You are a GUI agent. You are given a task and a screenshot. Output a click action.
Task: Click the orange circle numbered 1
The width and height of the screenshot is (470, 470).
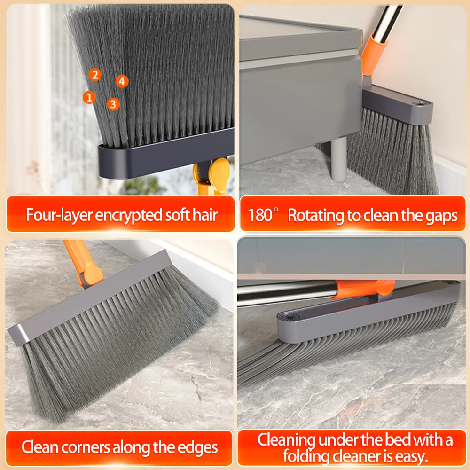[x=89, y=97]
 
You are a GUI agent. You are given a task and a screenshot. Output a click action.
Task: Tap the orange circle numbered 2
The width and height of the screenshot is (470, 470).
[x=95, y=75]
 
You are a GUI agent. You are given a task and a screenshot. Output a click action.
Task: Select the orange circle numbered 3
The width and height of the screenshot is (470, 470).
[x=113, y=104]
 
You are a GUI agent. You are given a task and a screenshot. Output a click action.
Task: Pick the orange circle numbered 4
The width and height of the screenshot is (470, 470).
[x=122, y=81]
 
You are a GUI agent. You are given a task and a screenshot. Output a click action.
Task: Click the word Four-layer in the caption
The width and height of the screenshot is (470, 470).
[x=58, y=215]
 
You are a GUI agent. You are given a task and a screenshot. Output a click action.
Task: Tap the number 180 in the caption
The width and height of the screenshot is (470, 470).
[x=259, y=215]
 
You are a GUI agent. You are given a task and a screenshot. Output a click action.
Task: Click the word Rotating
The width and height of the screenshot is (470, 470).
[x=316, y=216]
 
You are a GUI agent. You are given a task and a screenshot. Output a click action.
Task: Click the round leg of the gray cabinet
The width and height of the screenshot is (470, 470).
[x=339, y=158]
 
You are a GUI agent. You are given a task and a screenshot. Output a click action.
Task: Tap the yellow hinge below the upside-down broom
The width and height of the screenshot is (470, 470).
[x=212, y=176]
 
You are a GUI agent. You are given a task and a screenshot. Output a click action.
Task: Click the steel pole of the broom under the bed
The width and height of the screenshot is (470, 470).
[x=286, y=293]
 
